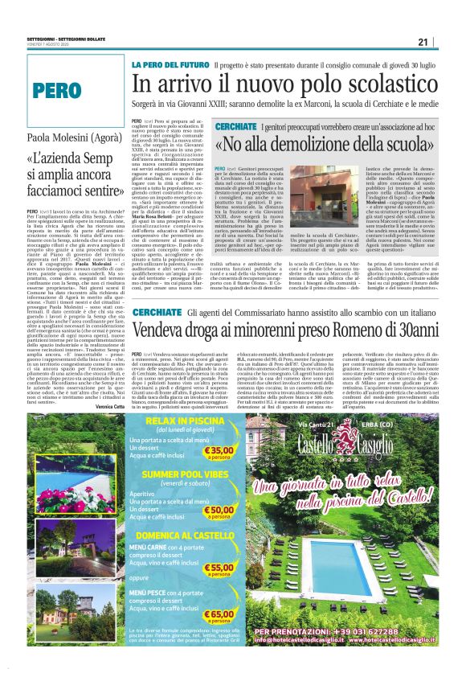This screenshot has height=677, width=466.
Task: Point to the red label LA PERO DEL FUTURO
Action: pyautogui.click(x=170, y=64)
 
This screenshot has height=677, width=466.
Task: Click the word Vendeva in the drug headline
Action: pyautogui.click(x=164, y=331)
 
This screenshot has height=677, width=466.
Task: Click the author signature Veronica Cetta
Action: pyautogui.click(x=108, y=408)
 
